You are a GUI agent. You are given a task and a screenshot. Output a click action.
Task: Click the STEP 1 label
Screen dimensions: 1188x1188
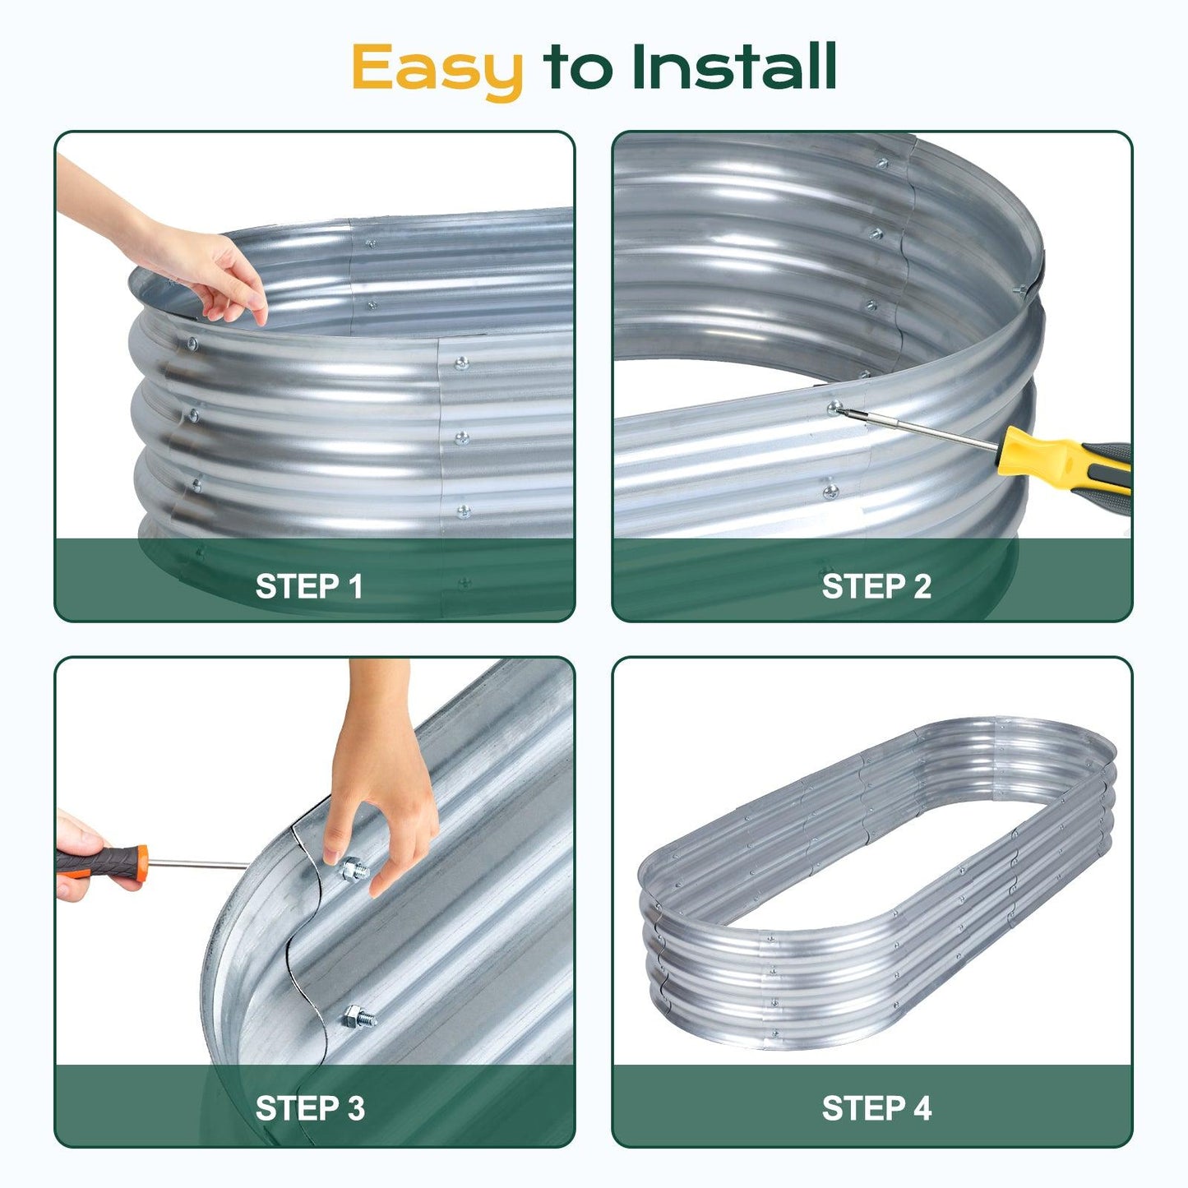(308, 586)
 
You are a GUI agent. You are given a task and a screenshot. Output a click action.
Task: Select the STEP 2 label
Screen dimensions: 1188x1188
(876, 586)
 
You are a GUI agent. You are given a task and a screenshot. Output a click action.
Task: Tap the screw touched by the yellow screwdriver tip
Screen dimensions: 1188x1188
(835, 407)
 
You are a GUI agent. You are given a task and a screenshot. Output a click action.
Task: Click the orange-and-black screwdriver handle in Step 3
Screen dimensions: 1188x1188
(102, 862)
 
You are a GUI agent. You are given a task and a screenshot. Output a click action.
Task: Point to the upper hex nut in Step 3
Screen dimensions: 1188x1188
(352, 867)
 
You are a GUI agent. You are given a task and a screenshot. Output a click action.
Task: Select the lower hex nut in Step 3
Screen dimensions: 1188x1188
(354, 1017)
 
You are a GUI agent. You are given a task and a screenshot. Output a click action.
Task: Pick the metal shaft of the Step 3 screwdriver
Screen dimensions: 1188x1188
(197, 864)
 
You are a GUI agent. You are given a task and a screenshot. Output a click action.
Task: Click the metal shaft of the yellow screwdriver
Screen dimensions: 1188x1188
(921, 428)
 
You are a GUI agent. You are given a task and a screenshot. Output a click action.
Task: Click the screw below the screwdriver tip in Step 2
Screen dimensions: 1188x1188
(830, 492)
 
